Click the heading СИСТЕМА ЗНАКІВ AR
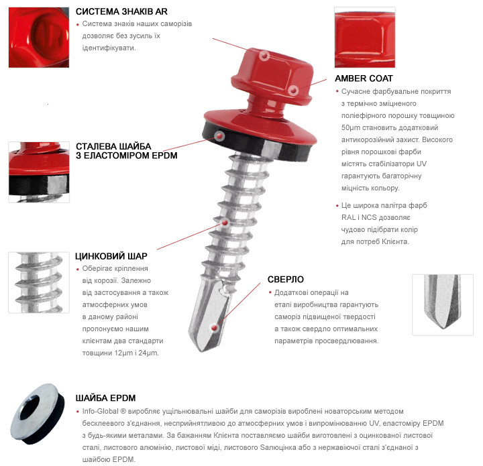click(x=121, y=11)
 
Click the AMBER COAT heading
click(x=364, y=78)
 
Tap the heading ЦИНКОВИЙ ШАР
click(x=111, y=256)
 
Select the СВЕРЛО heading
click(x=286, y=280)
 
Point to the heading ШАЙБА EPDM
click(x=106, y=398)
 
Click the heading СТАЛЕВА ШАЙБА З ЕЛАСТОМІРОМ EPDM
click(x=127, y=151)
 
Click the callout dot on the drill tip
click(x=215, y=328)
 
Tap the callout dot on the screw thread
click(x=225, y=223)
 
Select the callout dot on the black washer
click(x=219, y=135)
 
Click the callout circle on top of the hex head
click(x=264, y=56)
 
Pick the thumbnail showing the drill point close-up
click(x=443, y=304)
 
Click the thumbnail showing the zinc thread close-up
click(x=39, y=282)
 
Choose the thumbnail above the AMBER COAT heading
click(x=365, y=38)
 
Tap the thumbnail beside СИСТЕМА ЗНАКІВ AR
click(x=39, y=38)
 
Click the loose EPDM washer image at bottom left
click(x=38, y=414)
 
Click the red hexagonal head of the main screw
click(x=272, y=76)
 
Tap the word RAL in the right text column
click(x=348, y=217)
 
